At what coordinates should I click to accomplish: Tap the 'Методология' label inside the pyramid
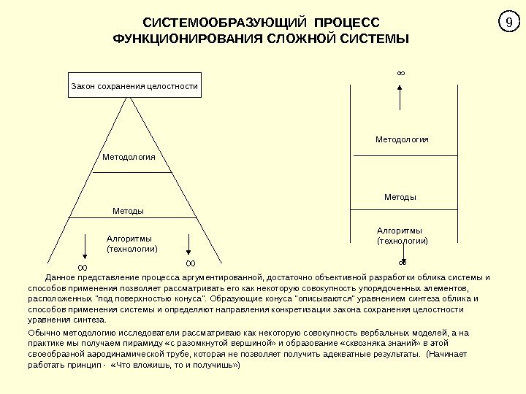click(129, 158)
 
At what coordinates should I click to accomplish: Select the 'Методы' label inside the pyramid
click(128, 211)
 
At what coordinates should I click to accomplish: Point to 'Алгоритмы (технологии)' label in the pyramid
click(132, 244)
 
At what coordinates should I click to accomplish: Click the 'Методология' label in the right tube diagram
click(402, 139)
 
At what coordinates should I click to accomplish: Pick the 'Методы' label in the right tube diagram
click(400, 197)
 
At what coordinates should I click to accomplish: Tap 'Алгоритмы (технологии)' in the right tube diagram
click(402, 235)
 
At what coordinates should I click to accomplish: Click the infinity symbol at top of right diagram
click(400, 73)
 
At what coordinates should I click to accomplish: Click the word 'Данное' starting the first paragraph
click(60, 278)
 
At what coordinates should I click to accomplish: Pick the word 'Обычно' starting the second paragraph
click(41, 333)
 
